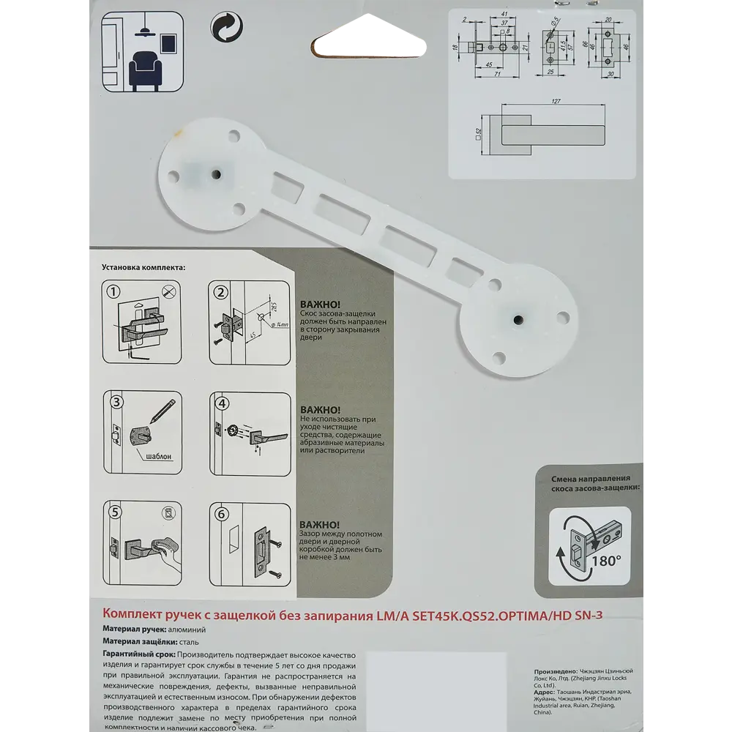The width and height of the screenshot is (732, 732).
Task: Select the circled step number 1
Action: click(112, 291)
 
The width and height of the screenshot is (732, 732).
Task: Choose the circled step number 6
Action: click(220, 512)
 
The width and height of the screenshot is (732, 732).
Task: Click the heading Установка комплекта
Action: click(143, 268)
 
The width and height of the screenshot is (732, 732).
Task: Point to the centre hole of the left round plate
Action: click(217, 173)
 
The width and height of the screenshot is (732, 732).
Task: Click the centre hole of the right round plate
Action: click(518, 321)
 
